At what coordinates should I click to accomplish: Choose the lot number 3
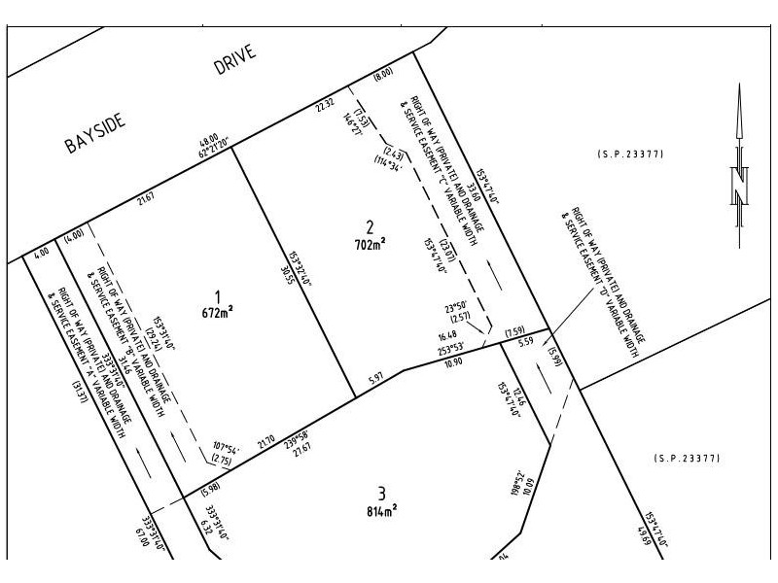pos(381,491)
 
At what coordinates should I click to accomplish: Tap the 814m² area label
pos(381,508)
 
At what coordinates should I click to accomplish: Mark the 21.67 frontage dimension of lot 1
pos(146,200)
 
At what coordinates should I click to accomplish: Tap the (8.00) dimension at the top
pos(383,73)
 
